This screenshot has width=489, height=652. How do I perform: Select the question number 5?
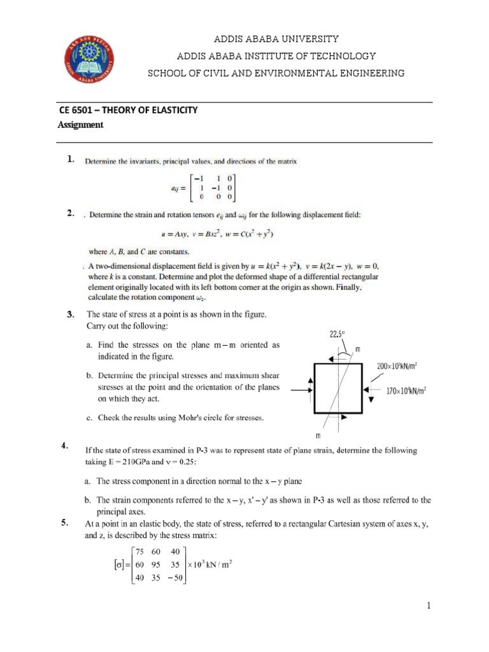click(x=65, y=523)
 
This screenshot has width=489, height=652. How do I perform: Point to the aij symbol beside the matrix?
click(x=171, y=189)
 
